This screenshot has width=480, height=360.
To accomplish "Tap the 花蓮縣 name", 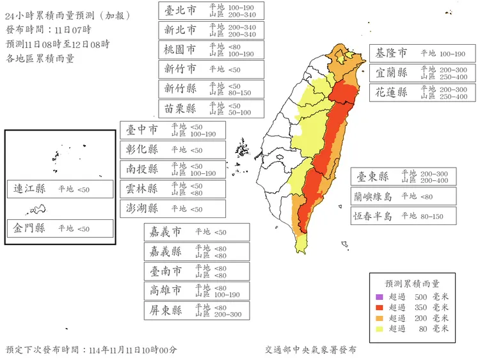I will click(392, 92).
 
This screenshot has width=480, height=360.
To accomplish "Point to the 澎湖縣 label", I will click(143, 208).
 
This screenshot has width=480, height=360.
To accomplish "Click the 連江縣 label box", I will click(61, 189).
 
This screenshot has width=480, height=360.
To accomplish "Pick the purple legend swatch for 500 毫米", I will click(378, 297).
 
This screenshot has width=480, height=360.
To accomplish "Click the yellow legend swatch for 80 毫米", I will click(378, 329).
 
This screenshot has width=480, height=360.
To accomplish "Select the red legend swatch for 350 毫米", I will click(378, 308).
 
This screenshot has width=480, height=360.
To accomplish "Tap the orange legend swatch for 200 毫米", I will click(378, 318).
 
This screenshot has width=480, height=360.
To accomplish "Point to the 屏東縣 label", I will click(165, 311).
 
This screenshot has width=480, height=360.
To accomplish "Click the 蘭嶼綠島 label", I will click(374, 196).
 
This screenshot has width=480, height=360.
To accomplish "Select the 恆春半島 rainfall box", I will click(403, 216).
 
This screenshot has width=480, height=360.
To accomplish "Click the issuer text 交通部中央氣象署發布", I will click(310, 350).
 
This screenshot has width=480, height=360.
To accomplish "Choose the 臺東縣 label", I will click(372, 176).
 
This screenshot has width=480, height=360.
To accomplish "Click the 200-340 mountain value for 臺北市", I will click(242, 14).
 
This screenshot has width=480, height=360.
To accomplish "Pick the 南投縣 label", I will click(143, 169).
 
